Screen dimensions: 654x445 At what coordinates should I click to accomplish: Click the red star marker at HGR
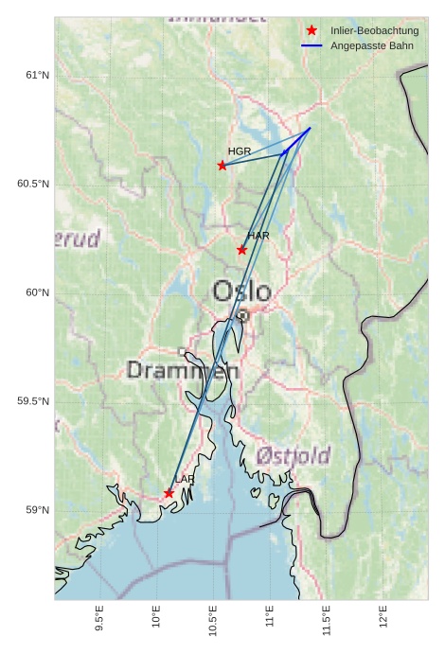(222, 165)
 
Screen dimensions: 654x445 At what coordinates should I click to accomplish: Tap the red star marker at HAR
(242, 250)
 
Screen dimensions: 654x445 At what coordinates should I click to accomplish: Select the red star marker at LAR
(169, 493)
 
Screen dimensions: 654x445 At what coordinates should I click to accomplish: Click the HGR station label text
(240, 151)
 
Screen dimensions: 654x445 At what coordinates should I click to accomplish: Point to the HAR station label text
(258, 235)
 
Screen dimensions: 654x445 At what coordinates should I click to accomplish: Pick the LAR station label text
(185, 480)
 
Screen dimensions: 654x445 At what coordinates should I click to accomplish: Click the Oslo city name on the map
(241, 291)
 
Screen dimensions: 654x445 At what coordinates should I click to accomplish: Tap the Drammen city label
(183, 370)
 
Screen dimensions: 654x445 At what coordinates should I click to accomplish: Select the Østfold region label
(293, 455)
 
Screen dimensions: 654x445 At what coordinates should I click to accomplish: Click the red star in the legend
(311, 30)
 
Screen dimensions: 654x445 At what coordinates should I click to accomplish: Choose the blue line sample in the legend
(311, 45)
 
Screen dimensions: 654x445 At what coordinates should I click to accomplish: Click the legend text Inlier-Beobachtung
(374, 30)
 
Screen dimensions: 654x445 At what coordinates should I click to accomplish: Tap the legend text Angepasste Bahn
(371, 45)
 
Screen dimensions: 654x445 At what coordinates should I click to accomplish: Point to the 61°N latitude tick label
(37, 75)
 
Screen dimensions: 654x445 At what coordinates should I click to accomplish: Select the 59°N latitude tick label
(37, 510)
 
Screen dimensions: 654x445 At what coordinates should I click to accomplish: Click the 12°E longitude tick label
(383, 616)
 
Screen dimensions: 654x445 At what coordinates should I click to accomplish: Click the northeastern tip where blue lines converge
(310, 128)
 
